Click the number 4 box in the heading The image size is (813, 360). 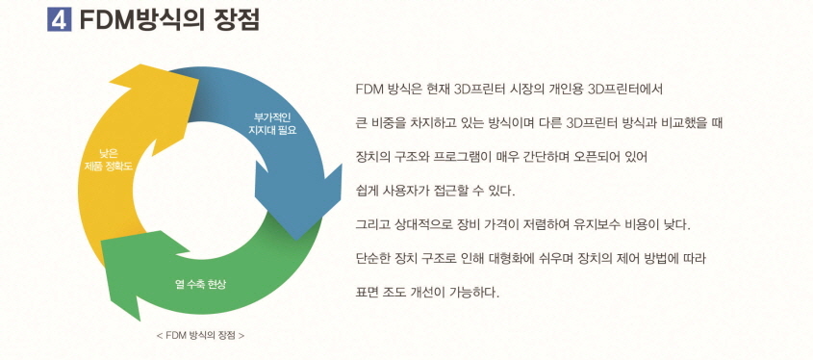59,19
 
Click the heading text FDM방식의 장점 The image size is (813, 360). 169,19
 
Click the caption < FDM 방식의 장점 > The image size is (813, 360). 199,336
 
